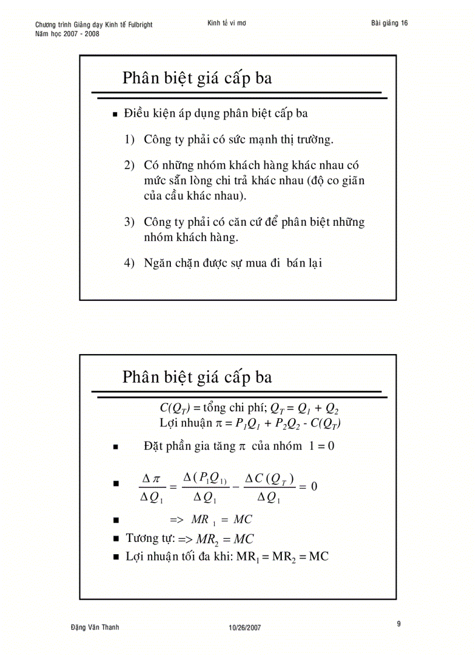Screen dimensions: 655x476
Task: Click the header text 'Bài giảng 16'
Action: tap(389, 23)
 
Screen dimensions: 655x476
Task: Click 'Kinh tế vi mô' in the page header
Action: tap(226, 23)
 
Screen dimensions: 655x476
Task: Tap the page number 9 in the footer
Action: tap(399, 624)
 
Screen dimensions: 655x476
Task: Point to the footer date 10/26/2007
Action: tap(245, 628)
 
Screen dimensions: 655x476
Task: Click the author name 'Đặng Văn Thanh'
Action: tap(94, 627)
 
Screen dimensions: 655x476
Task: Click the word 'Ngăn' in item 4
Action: tap(156, 263)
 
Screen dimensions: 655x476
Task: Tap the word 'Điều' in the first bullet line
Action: tap(135, 114)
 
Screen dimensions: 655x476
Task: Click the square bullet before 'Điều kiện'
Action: tap(116, 115)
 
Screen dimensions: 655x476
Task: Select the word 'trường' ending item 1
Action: tap(315, 140)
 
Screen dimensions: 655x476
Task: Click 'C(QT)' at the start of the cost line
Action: tap(171, 408)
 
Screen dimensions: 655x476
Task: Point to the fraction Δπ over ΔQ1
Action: tap(151, 488)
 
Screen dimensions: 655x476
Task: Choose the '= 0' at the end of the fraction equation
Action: tap(309, 486)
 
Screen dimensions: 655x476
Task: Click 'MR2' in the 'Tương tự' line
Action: tap(206, 539)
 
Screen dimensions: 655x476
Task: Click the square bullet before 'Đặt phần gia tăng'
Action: tap(116, 447)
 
